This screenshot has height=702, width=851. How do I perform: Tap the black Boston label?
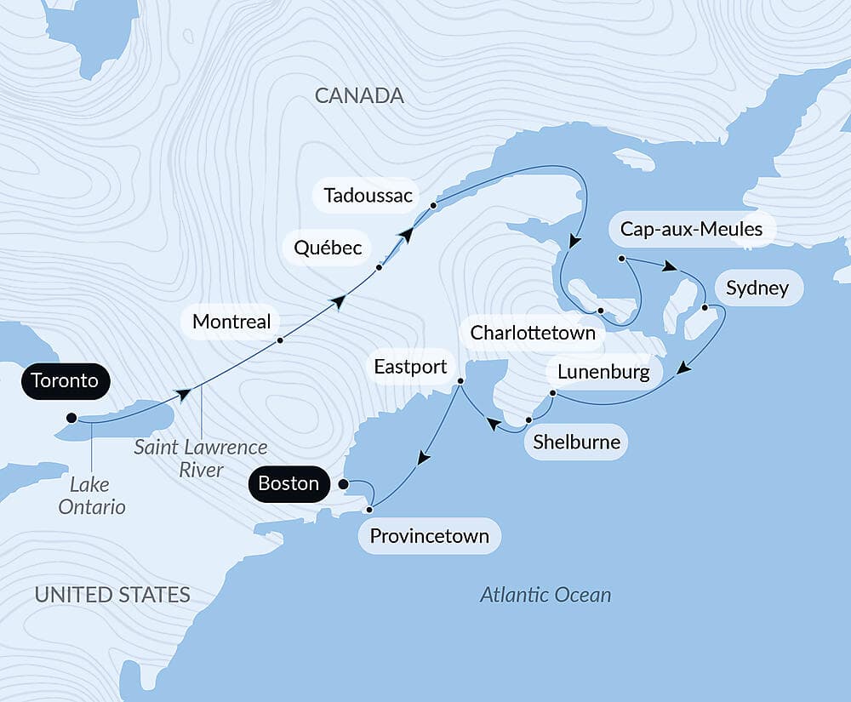(288, 484)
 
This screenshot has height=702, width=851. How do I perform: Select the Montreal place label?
(231, 322)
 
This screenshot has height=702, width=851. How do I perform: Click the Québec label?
(328, 248)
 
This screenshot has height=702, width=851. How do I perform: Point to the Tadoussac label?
(368, 197)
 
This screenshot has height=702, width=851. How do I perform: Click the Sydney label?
(757, 288)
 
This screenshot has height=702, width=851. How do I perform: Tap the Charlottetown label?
(533, 332)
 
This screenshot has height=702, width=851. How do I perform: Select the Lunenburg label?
(603, 372)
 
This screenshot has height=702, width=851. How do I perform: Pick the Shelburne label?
(576, 442)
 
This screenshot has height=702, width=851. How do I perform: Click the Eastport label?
(410, 367)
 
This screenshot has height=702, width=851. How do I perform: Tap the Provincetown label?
(429, 536)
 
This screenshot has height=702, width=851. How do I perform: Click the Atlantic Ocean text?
(545, 594)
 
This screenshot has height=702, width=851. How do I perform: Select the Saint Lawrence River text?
(201, 458)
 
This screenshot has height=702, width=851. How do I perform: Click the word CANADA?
(359, 95)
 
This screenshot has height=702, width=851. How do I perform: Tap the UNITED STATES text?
(112, 594)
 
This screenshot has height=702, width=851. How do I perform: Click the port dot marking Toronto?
(71, 418)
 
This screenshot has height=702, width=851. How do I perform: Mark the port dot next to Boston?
(343, 484)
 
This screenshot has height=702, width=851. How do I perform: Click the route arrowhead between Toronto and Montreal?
(181, 393)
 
